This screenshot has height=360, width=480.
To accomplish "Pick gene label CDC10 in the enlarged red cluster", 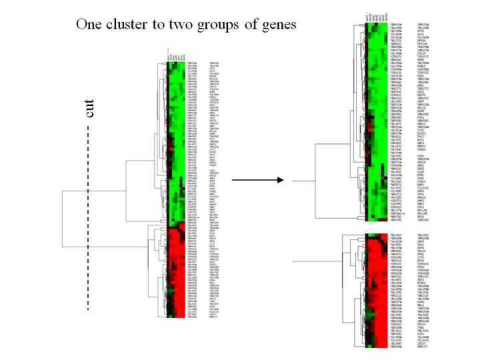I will point(421,324).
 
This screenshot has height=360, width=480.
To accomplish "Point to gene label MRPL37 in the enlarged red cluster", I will point(422,347).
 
